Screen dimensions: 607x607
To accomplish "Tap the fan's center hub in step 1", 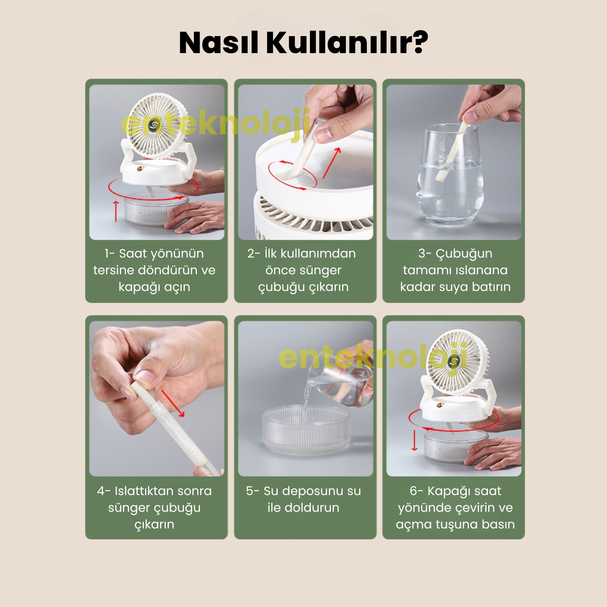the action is pos(154,125).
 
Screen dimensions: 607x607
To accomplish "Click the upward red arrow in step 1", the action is pos(116,211).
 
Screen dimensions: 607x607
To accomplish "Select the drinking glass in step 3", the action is pos(450,173).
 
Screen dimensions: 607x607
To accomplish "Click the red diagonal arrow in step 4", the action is pos(173,403).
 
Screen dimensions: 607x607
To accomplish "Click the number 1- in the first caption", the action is pos(110,253).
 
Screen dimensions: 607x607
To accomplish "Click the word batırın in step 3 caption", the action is pos(491,286).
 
